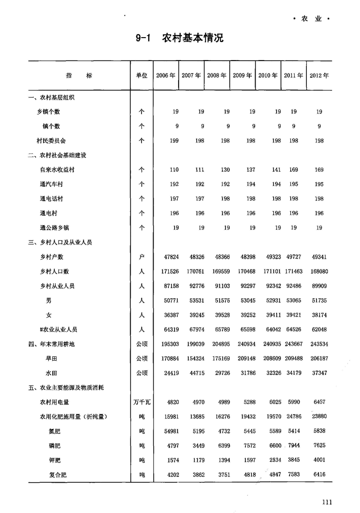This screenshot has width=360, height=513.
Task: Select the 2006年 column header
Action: (166, 76)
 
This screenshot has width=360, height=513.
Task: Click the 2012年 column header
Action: (319, 76)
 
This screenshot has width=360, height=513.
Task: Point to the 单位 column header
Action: (141, 76)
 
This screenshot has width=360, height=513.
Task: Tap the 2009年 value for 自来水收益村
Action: (251, 170)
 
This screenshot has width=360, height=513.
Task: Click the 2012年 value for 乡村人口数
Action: (319, 272)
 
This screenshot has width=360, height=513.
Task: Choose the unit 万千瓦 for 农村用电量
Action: (141, 403)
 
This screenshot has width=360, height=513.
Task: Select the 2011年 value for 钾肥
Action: (294, 460)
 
